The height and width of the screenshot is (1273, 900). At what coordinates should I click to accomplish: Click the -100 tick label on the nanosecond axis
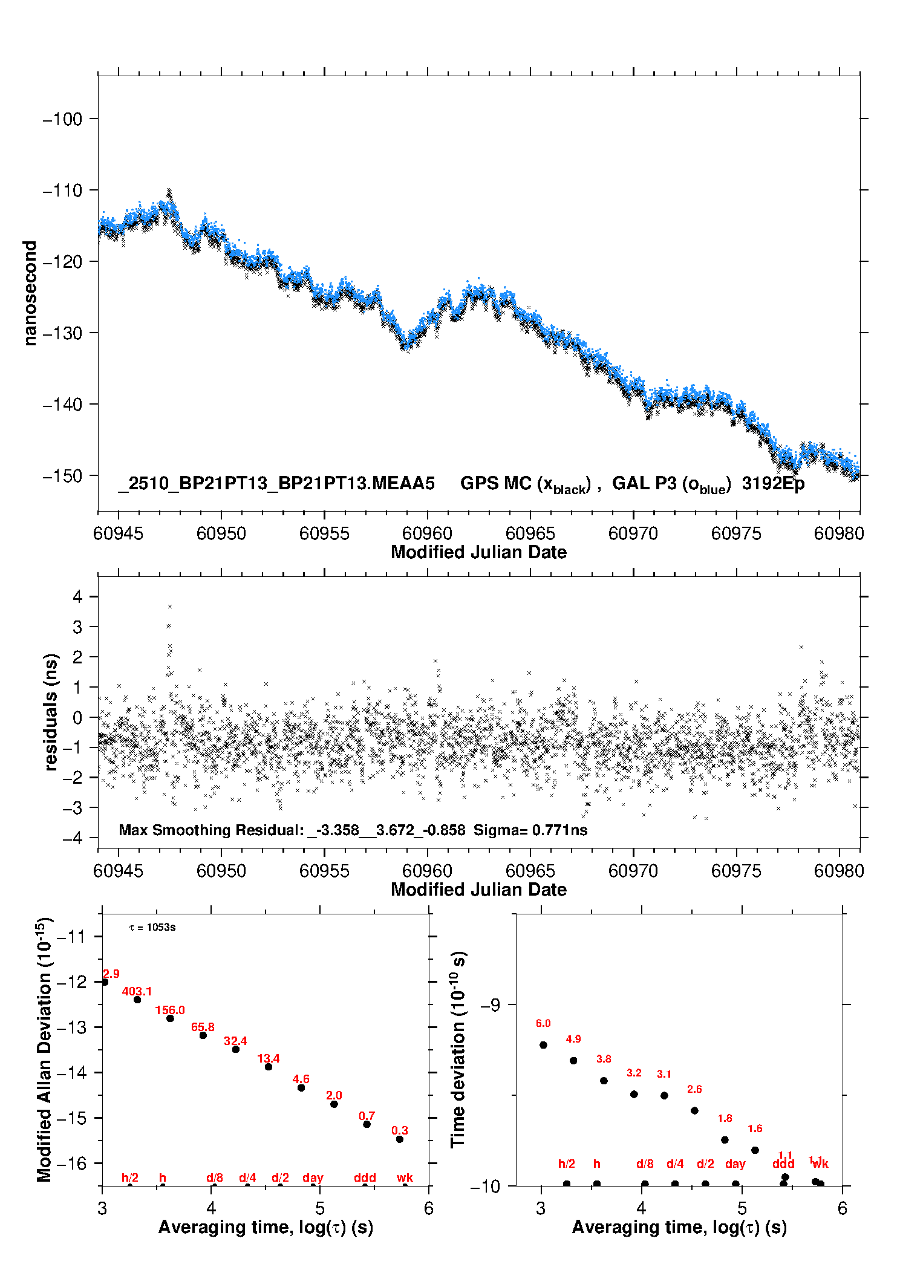point(62,119)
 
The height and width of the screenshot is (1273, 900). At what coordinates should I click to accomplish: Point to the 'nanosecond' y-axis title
point(30,293)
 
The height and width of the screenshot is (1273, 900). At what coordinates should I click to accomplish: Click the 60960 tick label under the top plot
point(427,533)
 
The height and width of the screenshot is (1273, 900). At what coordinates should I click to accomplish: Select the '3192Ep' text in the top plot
point(773,483)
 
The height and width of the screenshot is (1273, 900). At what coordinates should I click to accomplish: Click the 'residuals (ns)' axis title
point(51,712)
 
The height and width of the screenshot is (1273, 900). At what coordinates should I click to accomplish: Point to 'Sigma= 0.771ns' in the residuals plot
point(530,830)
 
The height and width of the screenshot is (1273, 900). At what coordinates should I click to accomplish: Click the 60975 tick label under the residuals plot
point(736,871)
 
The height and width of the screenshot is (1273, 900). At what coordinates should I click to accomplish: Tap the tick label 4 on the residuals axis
point(77,597)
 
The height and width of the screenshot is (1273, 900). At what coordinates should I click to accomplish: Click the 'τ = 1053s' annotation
point(152,928)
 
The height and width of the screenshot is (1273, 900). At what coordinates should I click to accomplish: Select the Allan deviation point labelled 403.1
point(137,1000)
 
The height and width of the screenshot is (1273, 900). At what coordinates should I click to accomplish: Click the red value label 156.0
point(170,1010)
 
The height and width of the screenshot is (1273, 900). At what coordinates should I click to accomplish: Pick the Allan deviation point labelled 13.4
point(269,1067)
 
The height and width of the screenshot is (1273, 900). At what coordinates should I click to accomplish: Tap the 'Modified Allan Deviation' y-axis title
point(44,1049)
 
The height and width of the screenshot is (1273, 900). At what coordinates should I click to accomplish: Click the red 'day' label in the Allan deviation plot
point(313,1177)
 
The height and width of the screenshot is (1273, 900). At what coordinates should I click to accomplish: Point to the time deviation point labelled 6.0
point(543,1045)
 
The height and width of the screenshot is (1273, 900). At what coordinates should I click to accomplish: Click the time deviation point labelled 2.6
point(694,1110)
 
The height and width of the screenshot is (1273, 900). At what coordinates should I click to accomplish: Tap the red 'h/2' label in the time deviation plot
point(566,1164)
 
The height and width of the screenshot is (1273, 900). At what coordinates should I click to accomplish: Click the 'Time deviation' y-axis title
point(458,1050)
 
